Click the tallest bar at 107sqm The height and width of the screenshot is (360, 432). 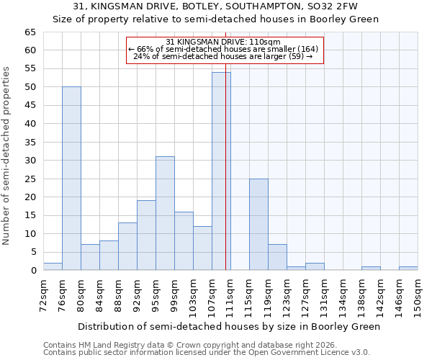pyautogui.click(x=221, y=171)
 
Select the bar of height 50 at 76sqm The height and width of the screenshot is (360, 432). pyautogui.click(x=71, y=179)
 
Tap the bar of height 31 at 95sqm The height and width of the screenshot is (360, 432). pyautogui.click(x=165, y=213)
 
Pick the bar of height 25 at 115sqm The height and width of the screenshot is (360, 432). pyautogui.click(x=258, y=225)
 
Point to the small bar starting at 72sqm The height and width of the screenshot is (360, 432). pyautogui.click(x=53, y=266)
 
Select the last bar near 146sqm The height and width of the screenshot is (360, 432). pyautogui.click(x=408, y=268)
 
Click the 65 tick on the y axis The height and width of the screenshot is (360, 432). pyautogui.click(x=30, y=32)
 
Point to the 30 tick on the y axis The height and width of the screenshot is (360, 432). pyautogui.click(x=30, y=161)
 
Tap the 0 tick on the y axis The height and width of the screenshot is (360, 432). pyautogui.click(x=32, y=271)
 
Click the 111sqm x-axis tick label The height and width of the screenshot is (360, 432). pyautogui.click(x=231, y=296)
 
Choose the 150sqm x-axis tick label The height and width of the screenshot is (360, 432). pyautogui.click(x=418, y=296)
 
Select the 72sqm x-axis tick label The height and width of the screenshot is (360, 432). pyautogui.click(x=44, y=296)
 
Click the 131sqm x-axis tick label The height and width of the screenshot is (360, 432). pyautogui.click(x=325, y=296)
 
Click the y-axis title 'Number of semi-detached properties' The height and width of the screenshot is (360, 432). pyautogui.click(x=7, y=156)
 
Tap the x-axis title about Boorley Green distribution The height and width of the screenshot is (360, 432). pyautogui.click(x=228, y=326)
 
